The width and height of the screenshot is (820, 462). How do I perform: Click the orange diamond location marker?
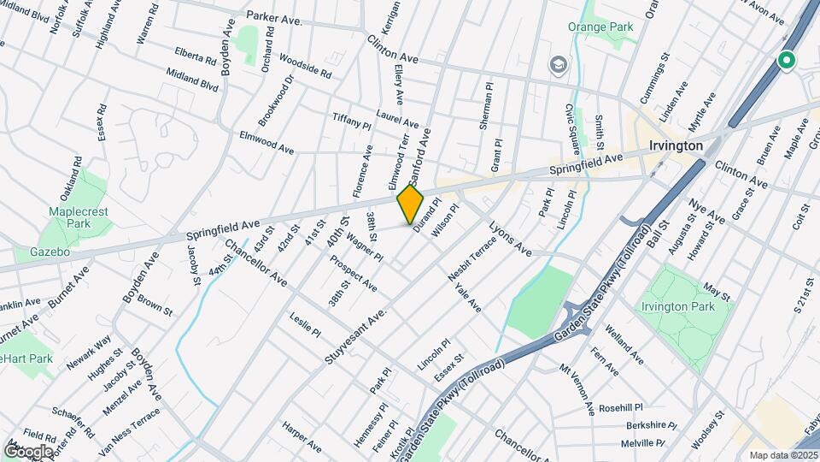410,204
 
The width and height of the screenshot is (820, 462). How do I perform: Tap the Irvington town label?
675,145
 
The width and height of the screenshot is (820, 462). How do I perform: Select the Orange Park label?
602,27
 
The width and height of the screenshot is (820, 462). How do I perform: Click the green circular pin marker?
786,61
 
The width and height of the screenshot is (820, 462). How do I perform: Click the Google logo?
28,451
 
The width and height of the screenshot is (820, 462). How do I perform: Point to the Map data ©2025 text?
782,455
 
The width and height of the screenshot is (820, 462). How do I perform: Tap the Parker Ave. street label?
273,16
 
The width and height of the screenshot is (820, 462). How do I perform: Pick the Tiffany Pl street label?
351,121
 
